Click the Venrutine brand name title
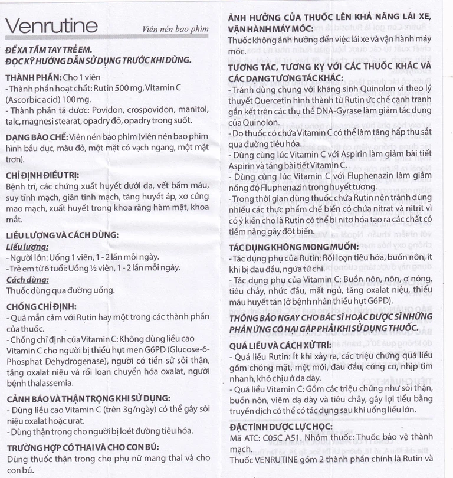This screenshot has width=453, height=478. pos(51,26)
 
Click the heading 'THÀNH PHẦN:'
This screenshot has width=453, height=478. pos(34,77)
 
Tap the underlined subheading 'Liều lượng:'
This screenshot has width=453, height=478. pos(27,247)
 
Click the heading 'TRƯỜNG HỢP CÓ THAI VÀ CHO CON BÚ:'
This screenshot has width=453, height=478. pos(83,446)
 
